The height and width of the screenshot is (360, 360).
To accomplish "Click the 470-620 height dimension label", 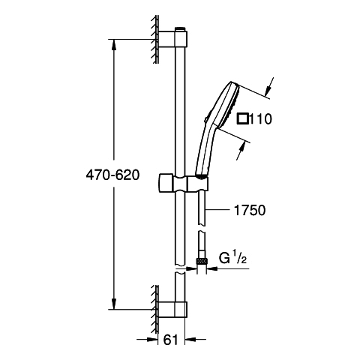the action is [x=112, y=175].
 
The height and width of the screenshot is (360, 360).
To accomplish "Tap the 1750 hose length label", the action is [x=250, y=210].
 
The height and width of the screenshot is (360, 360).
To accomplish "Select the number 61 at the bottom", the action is [x=170, y=340].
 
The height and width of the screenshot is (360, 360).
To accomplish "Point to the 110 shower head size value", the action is [x=260, y=119].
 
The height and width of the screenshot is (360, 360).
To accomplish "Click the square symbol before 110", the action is [x=243, y=118].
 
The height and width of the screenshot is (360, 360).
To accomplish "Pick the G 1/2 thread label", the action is [x=233, y=258].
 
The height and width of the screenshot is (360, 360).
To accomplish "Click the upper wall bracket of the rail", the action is [x=172, y=39].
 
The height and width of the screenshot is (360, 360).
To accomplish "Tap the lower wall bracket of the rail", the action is [x=172, y=310].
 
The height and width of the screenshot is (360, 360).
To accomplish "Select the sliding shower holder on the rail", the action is [x=183, y=183].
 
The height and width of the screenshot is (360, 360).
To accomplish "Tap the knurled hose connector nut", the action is [x=202, y=262].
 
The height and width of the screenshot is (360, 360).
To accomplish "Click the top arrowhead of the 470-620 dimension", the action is [x=114, y=46].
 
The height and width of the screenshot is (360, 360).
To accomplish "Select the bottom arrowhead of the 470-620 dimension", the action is [x=114, y=303].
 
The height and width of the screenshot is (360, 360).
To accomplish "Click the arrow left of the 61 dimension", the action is [x=148, y=339].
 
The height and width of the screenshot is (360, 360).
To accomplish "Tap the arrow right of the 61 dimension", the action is [x=195, y=339].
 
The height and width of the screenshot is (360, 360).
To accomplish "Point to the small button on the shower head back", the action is [x=206, y=120].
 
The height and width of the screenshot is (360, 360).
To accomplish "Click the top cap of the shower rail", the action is [x=181, y=28].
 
